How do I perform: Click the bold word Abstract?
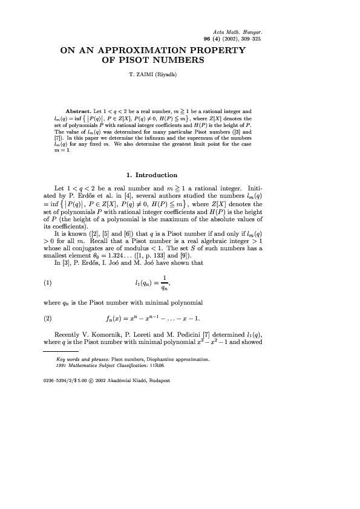pos(77,113)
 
